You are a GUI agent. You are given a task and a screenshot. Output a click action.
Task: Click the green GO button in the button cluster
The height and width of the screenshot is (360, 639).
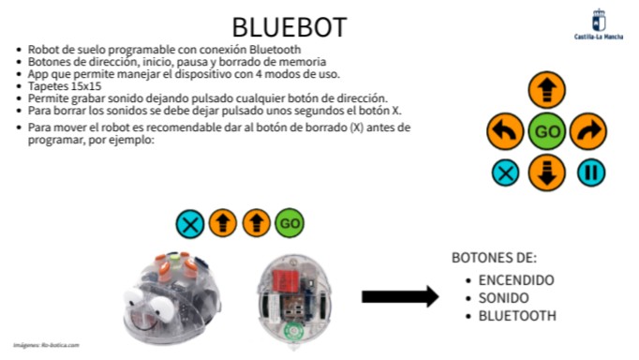[547, 132]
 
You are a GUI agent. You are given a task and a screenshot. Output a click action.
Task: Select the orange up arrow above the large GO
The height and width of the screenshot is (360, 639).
[547, 92]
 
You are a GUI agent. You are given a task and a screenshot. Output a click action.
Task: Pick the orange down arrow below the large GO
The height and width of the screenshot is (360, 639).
[547, 172]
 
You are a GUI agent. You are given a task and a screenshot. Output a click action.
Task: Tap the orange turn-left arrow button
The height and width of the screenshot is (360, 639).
[505, 132]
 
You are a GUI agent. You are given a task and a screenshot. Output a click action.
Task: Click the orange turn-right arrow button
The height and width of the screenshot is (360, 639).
[588, 132]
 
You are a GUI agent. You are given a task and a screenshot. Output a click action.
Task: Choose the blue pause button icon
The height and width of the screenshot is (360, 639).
[590, 172]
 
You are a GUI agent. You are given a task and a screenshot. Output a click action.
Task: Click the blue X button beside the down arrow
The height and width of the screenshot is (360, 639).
[506, 172]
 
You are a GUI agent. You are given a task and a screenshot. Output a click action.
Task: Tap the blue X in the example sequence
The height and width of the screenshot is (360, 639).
[190, 223]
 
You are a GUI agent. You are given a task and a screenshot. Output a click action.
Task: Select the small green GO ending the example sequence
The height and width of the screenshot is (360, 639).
[290, 223]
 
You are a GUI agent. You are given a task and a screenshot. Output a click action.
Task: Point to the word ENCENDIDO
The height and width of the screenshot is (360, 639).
[515, 280]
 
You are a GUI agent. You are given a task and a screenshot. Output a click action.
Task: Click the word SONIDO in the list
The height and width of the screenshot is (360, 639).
[505, 297]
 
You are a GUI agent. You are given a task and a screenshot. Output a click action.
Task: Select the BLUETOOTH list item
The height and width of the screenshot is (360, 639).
[517, 315]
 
